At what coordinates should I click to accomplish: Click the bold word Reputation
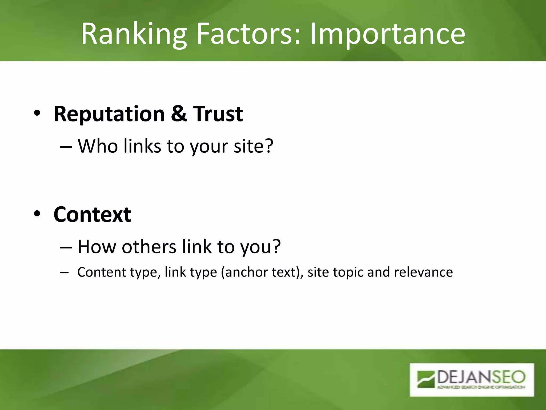click(x=109, y=114)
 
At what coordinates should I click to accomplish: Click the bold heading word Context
click(x=92, y=215)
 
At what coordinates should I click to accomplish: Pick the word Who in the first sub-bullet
click(x=98, y=146)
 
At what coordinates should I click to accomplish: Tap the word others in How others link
click(x=149, y=247)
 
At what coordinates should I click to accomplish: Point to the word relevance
click(x=423, y=272)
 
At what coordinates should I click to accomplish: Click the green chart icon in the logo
click(x=426, y=379)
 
